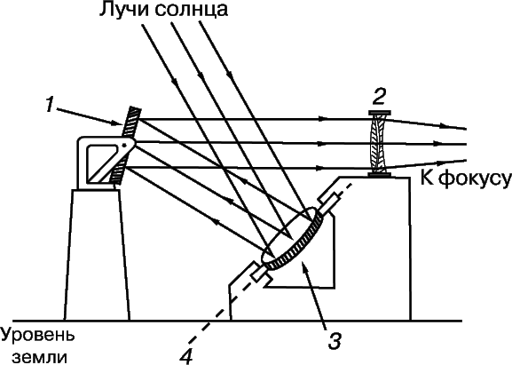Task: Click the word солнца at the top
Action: click(x=192, y=11)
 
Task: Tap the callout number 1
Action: click(x=49, y=106)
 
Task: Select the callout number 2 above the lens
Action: click(x=379, y=98)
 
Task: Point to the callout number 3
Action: click(x=334, y=341)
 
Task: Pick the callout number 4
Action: click(x=186, y=356)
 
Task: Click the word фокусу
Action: click(x=475, y=179)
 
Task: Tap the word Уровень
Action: click(x=37, y=337)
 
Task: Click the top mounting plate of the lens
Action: click(x=380, y=113)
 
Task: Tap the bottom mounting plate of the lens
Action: click(x=380, y=175)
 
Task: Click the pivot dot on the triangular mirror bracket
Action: click(x=124, y=145)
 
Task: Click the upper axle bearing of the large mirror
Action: click(x=328, y=202)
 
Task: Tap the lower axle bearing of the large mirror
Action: click(x=261, y=273)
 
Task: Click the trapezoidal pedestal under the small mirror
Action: click(x=97, y=255)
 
